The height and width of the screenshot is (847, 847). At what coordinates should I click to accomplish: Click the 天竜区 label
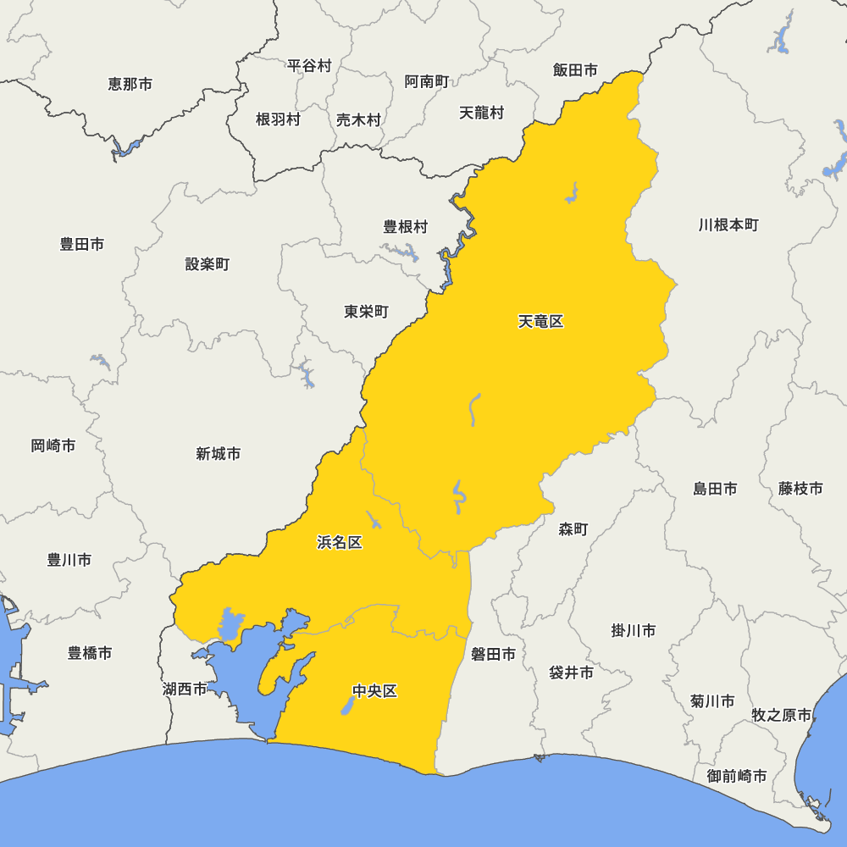pos(540,322)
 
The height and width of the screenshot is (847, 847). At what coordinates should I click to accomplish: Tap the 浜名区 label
pos(340,543)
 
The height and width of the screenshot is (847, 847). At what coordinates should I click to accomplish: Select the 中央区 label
pos(374,691)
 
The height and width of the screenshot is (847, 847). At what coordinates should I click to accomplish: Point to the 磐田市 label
pos(493,654)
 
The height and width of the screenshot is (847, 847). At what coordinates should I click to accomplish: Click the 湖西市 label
pos(185,689)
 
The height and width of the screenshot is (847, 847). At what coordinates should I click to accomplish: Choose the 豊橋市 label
pos(90,653)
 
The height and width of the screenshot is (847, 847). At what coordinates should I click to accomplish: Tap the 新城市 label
pos(218,454)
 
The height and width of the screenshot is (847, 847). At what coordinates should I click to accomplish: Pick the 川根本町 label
pos(728,225)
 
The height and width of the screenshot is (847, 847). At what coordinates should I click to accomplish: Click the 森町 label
pos(573,529)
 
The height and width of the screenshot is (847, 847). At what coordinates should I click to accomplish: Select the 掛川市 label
pos(634,631)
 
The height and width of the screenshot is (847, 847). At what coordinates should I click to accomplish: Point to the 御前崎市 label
pos(737,776)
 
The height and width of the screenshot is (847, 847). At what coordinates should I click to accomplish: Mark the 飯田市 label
pos(575,70)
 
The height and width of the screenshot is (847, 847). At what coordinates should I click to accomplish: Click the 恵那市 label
pos(130,84)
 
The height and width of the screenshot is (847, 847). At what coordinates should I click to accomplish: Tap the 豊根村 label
pos(406,227)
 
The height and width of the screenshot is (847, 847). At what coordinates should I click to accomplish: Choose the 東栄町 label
pos(366,312)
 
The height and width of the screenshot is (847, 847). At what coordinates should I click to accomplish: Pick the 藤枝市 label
pos(800,489)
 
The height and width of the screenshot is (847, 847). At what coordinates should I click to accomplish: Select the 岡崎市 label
pos(53,446)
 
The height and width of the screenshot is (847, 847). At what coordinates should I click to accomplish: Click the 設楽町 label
pos(208,264)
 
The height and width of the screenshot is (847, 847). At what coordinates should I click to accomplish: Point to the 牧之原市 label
pos(782,715)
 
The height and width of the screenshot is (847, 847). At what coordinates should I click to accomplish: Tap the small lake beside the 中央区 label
pos(347,706)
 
